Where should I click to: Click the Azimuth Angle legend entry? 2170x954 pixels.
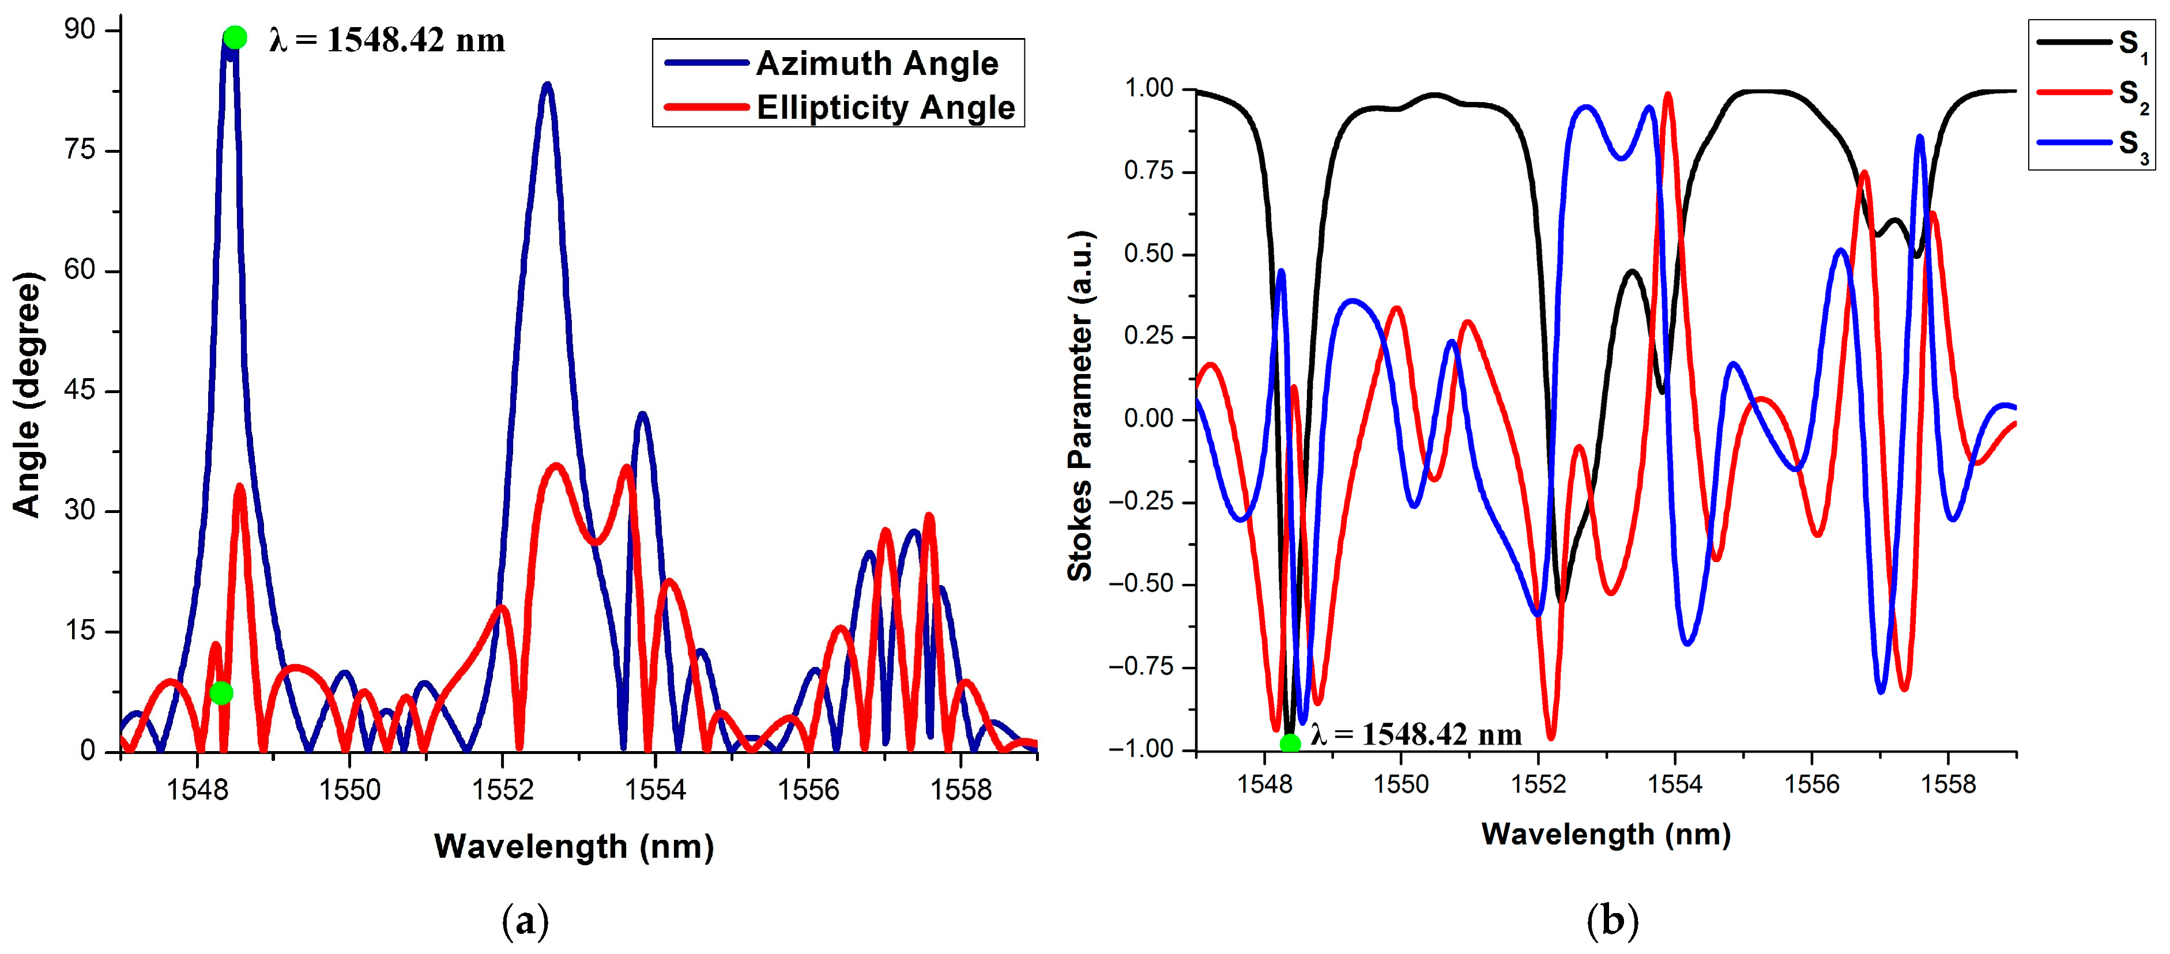(876, 63)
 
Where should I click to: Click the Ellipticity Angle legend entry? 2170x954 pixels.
(884, 108)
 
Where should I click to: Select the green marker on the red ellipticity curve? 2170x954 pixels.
(221, 693)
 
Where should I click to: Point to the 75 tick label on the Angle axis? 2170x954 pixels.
(81, 150)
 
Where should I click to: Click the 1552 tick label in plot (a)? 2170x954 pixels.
(503, 790)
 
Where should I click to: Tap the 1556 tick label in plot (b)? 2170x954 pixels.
(1811, 785)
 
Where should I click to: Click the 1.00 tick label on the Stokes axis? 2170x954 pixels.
(1150, 88)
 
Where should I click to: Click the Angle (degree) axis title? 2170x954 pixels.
(27, 394)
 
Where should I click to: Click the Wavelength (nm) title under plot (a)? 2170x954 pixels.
(574, 846)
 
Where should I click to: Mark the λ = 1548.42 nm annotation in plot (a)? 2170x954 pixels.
(387, 40)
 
